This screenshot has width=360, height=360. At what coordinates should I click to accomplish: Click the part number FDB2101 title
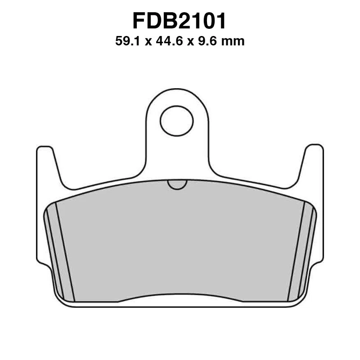180,21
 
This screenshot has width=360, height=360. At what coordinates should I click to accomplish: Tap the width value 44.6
166,42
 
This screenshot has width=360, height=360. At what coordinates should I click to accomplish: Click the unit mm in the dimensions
234,42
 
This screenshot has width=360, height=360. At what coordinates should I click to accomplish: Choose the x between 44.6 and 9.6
187,42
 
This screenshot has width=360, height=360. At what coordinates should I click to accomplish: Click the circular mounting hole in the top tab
176,121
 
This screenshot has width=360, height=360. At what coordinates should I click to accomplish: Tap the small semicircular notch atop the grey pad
177,184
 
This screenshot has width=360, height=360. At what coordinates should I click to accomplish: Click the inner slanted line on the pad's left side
65,252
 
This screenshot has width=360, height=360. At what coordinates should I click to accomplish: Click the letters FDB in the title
153,21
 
